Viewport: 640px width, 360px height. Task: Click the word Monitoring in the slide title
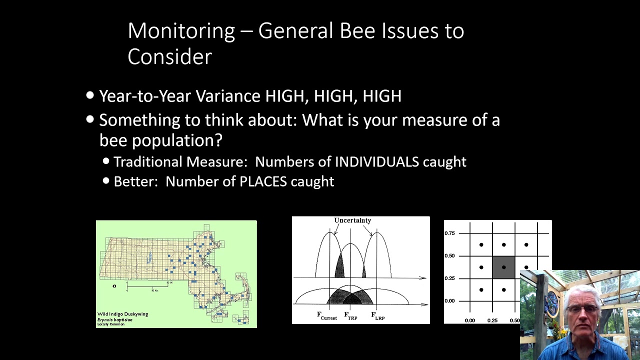(x=181, y=31)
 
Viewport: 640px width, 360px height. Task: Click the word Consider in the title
(x=169, y=56)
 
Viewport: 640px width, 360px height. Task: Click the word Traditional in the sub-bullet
(x=148, y=162)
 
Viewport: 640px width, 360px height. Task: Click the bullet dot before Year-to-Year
(x=90, y=95)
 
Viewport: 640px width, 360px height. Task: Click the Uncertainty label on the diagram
(x=352, y=220)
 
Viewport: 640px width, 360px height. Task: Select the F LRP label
(x=377, y=315)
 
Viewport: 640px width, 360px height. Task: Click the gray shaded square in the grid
(x=503, y=267)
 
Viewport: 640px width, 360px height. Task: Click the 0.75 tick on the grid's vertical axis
(x=449, y=233)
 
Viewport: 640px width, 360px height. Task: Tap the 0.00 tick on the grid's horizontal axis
(x=470, y=320)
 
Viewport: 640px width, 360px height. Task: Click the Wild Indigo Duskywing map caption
(x=122, y=314)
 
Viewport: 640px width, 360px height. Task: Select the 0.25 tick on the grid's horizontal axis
(x=492, y=320)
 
